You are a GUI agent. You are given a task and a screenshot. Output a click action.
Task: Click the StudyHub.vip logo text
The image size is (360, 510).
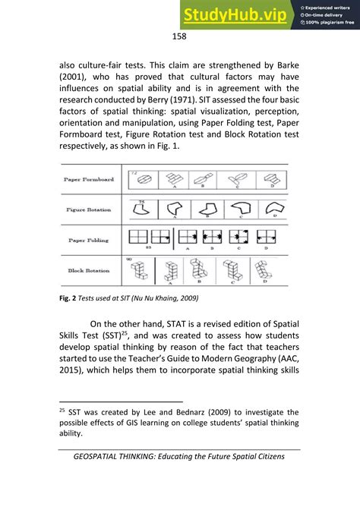point(238,14)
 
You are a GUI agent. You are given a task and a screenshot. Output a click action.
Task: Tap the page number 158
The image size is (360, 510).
point(179,36)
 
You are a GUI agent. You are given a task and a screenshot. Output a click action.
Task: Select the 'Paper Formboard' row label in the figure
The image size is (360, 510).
point(88,179)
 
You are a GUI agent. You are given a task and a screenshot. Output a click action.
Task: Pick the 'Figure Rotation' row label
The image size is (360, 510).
point(88,207)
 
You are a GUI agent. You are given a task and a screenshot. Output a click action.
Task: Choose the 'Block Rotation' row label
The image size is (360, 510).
point(88,269)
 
